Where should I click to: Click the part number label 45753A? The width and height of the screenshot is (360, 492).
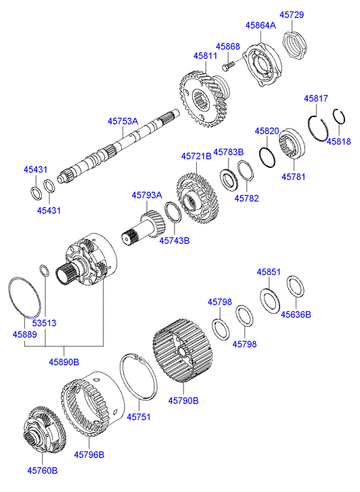pyautogui.click(x=122, y=121)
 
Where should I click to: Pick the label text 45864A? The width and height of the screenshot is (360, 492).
pyautogui.click(x=261, y=25)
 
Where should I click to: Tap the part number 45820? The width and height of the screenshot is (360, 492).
pyautogui.click(x=267, y=130)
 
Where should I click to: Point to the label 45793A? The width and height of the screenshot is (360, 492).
pyautogui.click(x=147, y=195)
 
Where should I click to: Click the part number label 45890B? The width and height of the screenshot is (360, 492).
pyautogui.click(x=63, y=362)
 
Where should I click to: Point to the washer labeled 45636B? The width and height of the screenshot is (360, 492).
pyautogui.click(x=295, y=286)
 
